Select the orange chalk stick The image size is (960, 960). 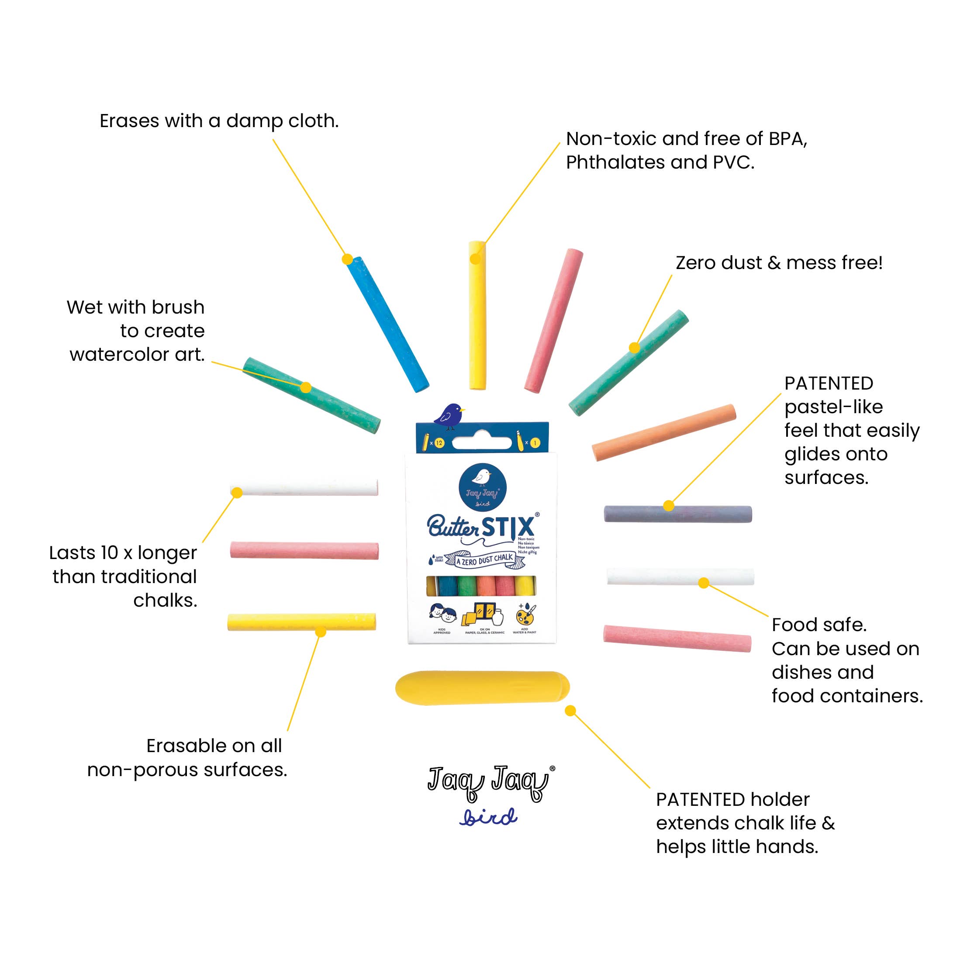663,432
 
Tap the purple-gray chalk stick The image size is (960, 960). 678,514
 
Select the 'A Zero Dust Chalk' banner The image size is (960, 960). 484,559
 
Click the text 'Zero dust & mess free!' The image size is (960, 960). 779,263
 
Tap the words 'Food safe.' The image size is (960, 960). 819,625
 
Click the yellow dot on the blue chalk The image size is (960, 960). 347,259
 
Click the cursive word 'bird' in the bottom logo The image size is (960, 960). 488,817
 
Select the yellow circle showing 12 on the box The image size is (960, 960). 439,443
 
